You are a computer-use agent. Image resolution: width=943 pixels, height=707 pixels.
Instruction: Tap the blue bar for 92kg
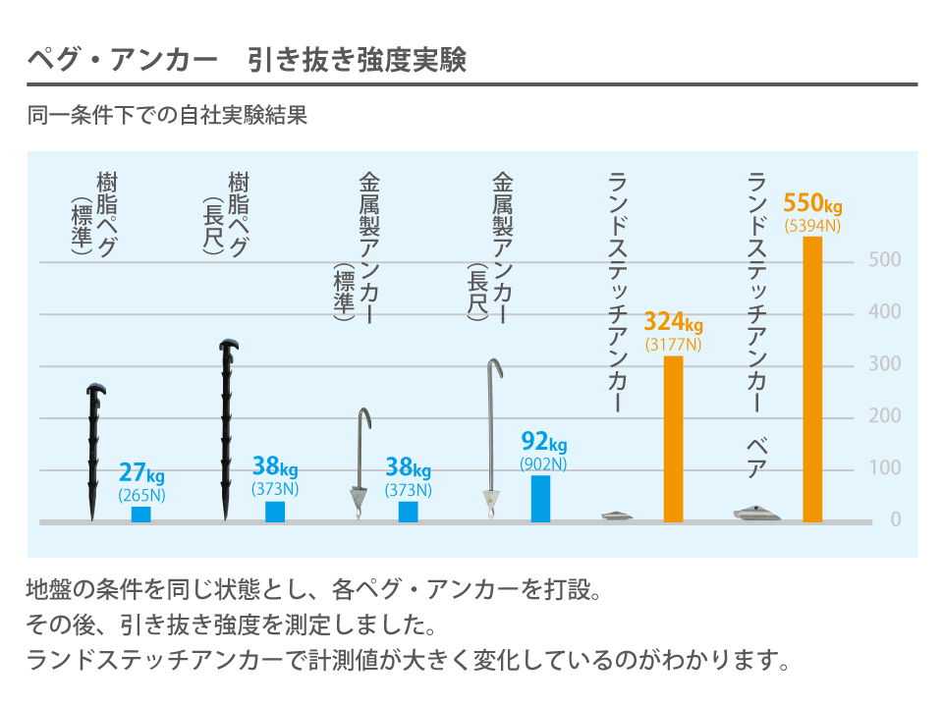[x=540, y=498]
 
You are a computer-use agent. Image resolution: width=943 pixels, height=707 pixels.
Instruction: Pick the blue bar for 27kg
[x=141, y=514]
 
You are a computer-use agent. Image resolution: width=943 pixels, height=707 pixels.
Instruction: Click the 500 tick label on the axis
[x=885, y=260]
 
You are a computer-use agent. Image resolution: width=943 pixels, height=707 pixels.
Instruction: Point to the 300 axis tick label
[x=885, y=364]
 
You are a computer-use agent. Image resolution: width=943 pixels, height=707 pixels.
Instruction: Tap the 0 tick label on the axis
[x=895, y=520]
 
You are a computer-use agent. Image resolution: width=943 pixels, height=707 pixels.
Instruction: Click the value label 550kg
[x=812, y=204]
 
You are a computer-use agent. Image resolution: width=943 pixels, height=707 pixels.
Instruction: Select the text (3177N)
[x=673, y=345]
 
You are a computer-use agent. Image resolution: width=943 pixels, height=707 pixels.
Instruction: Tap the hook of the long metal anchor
[x=495, y=367]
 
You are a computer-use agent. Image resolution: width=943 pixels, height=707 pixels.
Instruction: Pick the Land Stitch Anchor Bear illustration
[x=756, y=512]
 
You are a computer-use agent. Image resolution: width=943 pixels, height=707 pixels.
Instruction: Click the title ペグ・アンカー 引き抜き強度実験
[x=246, y=61]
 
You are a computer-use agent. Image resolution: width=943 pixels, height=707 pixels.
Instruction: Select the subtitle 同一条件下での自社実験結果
[x=168, y=116]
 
